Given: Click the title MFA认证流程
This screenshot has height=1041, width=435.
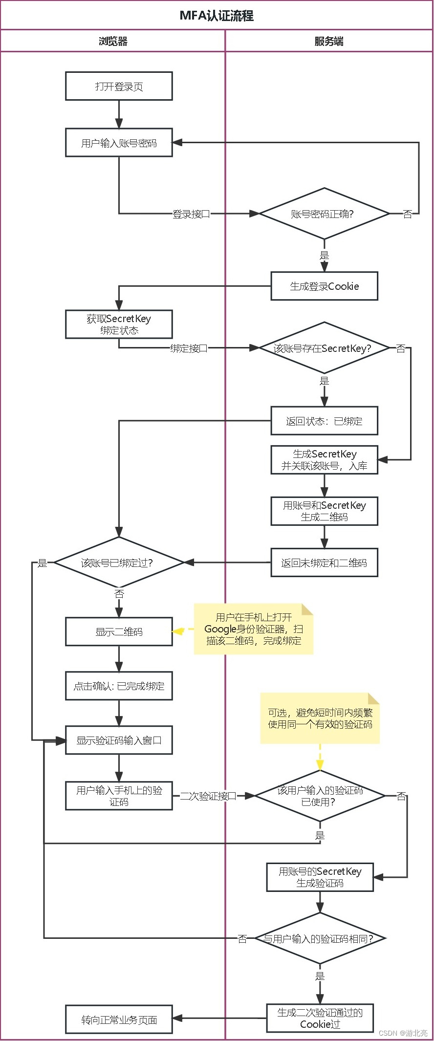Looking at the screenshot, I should [217, 16].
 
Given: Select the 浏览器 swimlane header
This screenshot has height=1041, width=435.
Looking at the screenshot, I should [113, 42].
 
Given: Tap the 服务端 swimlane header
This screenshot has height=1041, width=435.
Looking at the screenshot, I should [328, 42].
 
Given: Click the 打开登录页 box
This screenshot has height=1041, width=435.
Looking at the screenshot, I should [119, 87].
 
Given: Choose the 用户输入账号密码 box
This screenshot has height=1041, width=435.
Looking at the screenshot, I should [119, 143].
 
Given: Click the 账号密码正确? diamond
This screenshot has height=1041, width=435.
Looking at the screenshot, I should [324, 214].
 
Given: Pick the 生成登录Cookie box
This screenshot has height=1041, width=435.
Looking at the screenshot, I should [324, 286].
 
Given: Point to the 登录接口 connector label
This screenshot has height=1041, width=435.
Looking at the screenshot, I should [191, 214].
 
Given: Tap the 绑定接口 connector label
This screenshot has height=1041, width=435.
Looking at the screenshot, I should [189, 348].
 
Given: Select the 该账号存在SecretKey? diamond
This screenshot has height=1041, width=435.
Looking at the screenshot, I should [323, 348].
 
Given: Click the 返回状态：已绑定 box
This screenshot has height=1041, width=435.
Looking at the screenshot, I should [324, 421].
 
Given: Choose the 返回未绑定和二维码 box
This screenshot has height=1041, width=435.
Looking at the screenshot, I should [324, 563].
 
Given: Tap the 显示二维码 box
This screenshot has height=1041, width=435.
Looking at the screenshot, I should [119, 632].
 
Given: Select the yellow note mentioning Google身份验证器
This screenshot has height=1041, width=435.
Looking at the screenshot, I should [254, 629].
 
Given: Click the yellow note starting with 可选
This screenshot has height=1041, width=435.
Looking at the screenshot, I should [320, 718].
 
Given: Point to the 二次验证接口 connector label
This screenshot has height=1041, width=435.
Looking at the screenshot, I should [208, 796].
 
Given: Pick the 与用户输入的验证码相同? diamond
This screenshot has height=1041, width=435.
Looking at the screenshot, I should [320, 938].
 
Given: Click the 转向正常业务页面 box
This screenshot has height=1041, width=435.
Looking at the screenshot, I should [119, 1019].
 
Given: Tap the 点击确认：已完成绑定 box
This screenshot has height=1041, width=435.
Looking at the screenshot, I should [119, 686].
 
